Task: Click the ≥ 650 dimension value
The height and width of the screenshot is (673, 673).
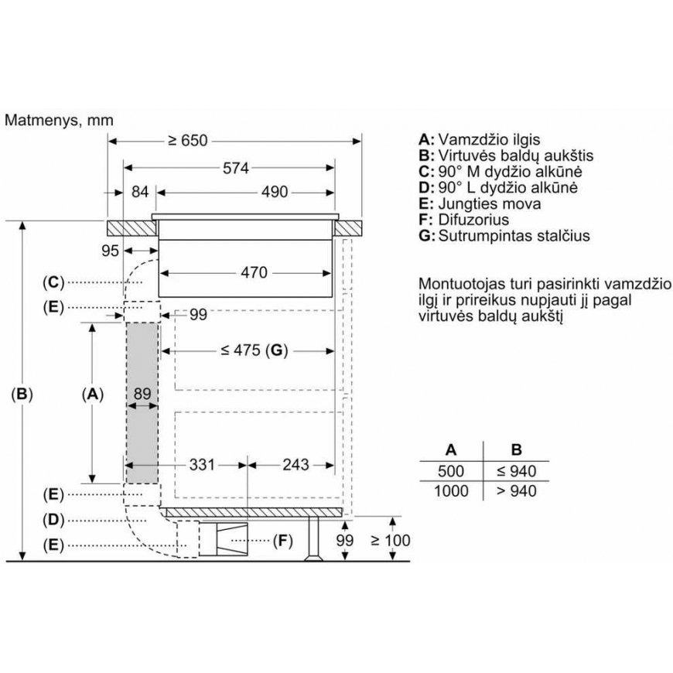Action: (187, 141)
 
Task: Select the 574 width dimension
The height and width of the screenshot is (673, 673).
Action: (236, 168)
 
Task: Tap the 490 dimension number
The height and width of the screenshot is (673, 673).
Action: (275, 192)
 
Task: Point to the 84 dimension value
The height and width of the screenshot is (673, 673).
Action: (140, 192)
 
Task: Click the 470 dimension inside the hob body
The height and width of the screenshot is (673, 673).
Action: (254, 272)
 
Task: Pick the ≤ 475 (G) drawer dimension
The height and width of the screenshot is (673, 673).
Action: (254, 350)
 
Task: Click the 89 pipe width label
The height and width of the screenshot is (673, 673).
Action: (142, 394)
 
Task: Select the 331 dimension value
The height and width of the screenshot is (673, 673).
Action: (202, 464)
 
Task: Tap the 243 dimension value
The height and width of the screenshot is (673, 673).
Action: (296, 464)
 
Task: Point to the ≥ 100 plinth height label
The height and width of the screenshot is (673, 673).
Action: (391, 541)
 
